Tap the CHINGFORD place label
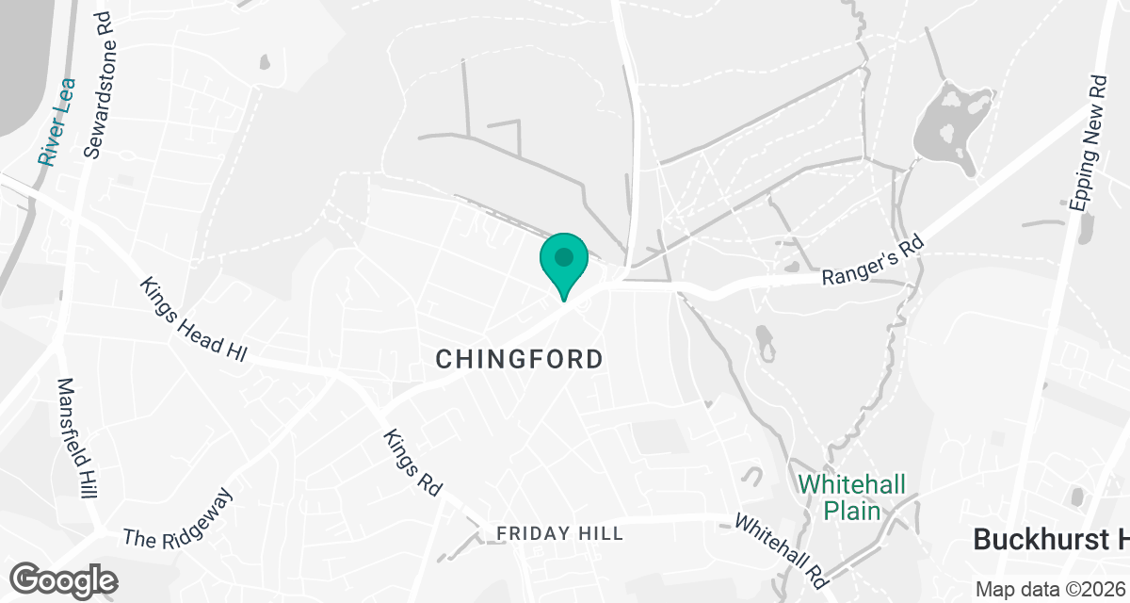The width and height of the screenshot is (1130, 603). tap(520, 359)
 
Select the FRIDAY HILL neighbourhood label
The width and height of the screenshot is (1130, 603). tap(559, 534)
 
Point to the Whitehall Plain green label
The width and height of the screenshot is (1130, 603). tap(852, 497)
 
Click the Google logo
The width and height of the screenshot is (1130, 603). tap(63, 579)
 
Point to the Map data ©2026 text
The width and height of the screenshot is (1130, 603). tap(1050, 589)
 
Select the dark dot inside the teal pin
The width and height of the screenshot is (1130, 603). tap(564, 256)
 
